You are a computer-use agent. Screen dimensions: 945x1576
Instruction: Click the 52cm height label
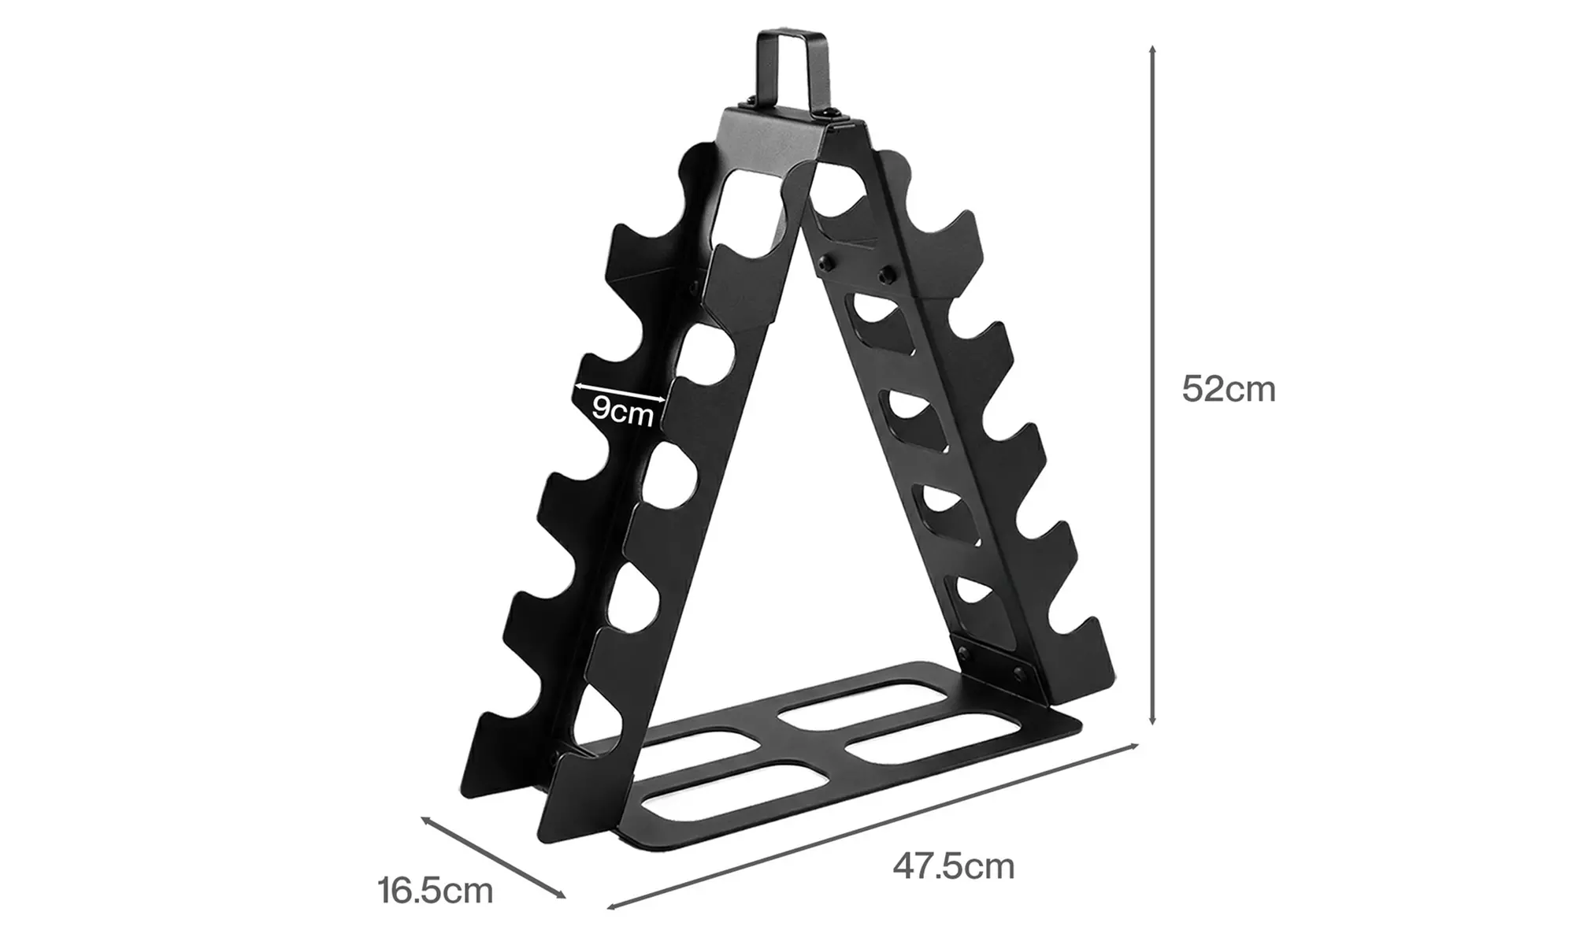[1228, 389]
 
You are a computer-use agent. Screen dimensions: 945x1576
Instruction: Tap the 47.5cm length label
[953, 866]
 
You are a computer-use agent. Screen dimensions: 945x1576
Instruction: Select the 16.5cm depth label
[435, 891]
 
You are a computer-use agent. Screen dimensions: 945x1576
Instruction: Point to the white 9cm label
[622, 411]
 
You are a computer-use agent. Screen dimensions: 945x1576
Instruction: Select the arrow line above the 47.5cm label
[874, 827]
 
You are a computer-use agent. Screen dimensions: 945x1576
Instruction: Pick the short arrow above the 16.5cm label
[493, 857]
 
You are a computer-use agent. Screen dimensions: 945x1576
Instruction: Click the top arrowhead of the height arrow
[1152, 50]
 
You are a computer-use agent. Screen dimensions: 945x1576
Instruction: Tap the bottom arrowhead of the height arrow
[1152, 720]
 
